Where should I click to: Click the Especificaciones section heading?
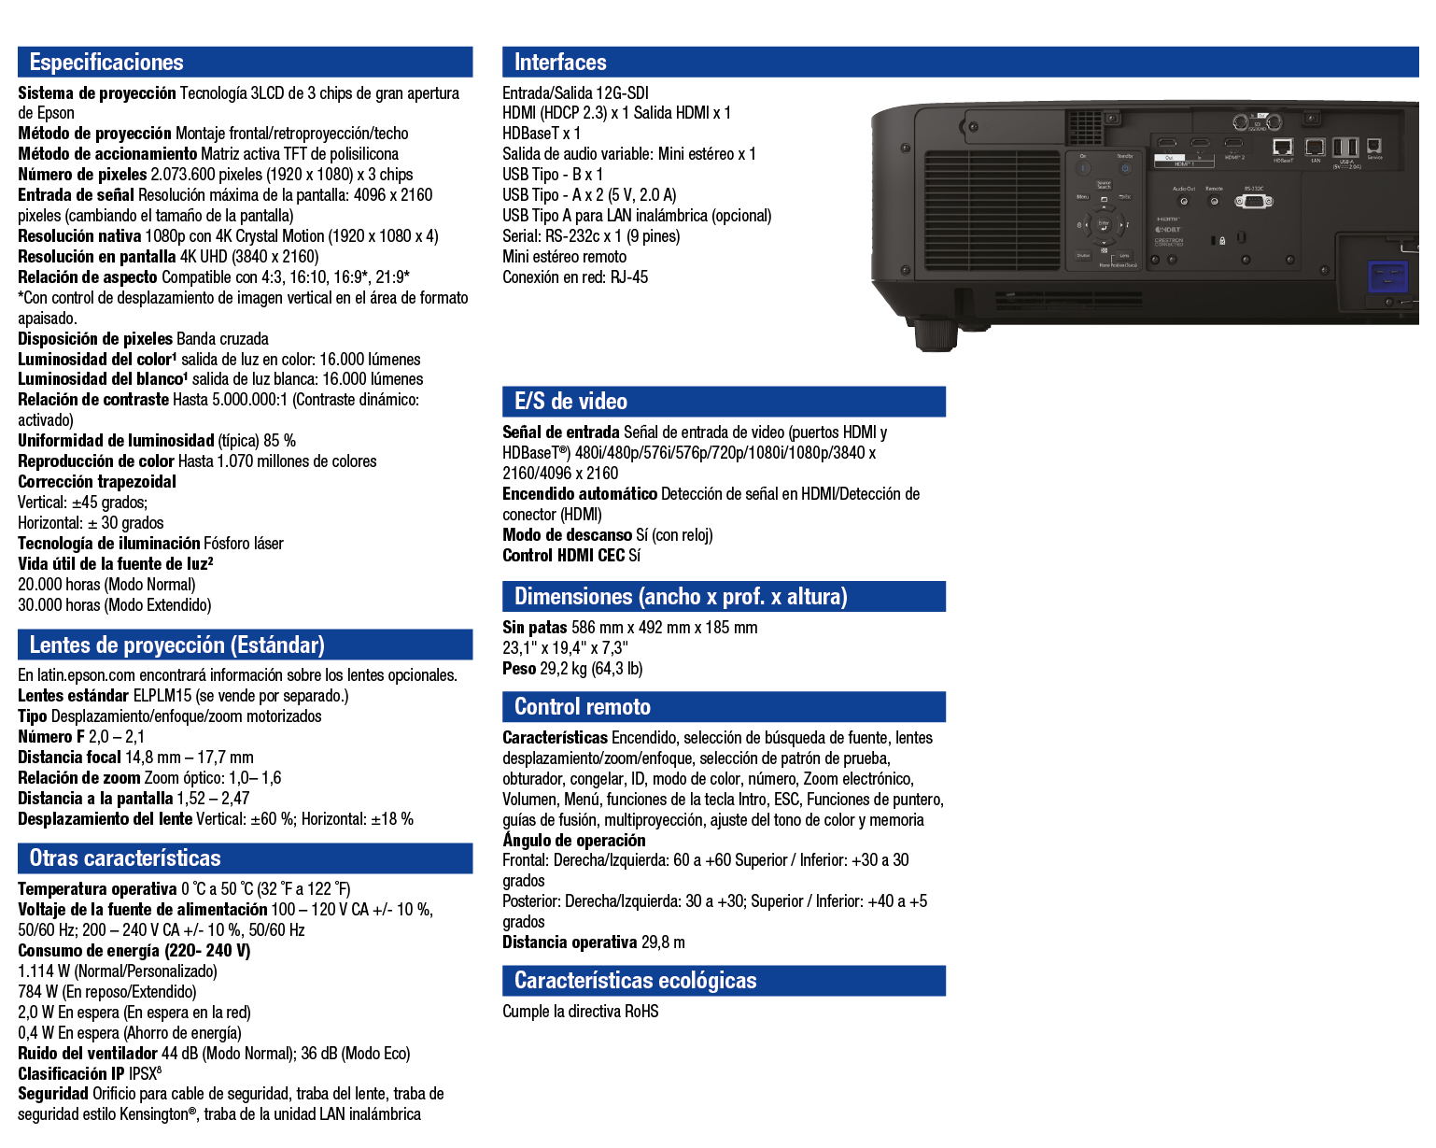106,63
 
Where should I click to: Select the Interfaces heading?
560,63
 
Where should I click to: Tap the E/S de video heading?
570,402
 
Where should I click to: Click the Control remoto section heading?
582,707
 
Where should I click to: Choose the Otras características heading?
125,858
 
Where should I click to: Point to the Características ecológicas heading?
635,981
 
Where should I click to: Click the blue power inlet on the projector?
1387,280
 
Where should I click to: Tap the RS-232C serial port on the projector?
1253,201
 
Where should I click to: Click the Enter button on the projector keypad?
1104,224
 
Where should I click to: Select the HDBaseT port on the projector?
1283,147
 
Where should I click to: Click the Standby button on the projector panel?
1125,168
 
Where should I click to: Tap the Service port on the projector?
1374,146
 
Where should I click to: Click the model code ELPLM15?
162,696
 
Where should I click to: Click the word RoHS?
641,1012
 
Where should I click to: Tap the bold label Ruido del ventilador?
88,1054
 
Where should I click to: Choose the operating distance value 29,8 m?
663,942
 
